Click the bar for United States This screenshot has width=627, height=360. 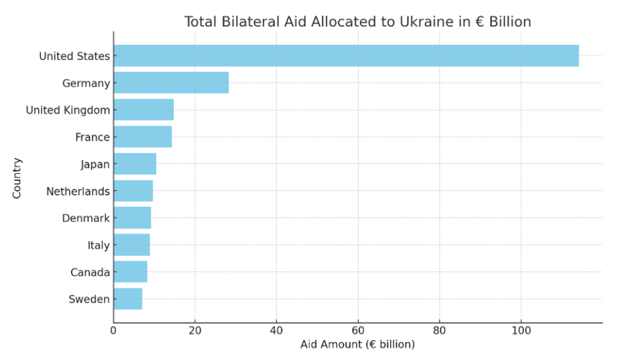[345, 56]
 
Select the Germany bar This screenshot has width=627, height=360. [171, 83]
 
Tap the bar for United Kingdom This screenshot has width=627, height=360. [143, 110]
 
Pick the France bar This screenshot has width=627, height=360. [143, 137]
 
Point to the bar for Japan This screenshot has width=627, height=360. [134, 164]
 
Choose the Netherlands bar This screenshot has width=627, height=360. [133, 191]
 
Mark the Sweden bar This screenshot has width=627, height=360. [128, 299]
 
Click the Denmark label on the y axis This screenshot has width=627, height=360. [86, 218]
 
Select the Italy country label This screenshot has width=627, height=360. [99, 245]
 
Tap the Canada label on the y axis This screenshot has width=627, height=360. [90, 272]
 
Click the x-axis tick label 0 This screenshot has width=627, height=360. [113, 331]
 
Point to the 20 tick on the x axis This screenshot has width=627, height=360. [195, 331]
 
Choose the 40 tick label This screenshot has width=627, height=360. [276, 331]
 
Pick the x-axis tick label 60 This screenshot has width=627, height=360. [358, 331]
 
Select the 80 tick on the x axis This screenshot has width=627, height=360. [440, 331]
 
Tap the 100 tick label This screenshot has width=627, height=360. [521, 331]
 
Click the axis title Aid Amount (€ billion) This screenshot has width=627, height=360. [358, 345]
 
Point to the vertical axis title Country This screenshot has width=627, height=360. [17, 178]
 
